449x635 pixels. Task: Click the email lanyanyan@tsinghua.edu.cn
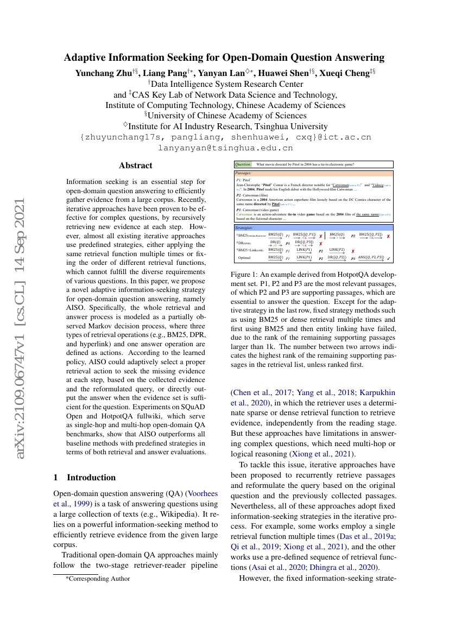pyautogui.click(x=225, y=148)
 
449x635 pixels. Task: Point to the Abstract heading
pyautogui.click(x=136, y=166)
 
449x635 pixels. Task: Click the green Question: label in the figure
pyautogui.click(x=243, y=164)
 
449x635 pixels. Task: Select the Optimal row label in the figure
pyautogui.click(x=244, y=258)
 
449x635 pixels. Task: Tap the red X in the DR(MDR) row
pyautogui.click(x=320, y=244)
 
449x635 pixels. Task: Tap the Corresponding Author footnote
pyautogui.click(x=98, y=579)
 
